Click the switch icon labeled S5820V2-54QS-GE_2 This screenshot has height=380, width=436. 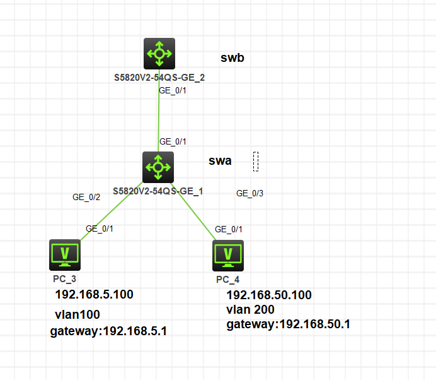click(159, 54)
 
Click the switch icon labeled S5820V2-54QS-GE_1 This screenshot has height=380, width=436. click(158, 167)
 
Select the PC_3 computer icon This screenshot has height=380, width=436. click(65, 254)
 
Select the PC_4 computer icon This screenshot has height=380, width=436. click(227, 255)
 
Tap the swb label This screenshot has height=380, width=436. click(232, 58)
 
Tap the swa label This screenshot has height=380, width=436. click(220, 161)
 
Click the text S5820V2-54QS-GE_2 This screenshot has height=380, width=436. click(159, 78)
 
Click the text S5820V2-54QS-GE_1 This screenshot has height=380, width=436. click(158, 191)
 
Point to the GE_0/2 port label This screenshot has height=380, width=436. click(86, 198)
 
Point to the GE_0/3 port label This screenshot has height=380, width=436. click(250, 194)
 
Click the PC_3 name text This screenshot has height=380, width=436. click(64, 278)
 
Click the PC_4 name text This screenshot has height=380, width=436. click(227, 278)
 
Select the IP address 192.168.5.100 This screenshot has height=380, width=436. click(94, 295)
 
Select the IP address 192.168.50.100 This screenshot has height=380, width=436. click(268, 295)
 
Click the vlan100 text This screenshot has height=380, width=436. click(77, 314)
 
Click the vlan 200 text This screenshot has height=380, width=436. click(252, 310)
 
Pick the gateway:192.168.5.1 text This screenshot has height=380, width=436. click(108, 331)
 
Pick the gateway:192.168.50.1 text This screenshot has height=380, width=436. click(288, 324)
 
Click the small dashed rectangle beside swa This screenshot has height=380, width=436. click(256, 161)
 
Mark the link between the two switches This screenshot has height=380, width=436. click(158, 114)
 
